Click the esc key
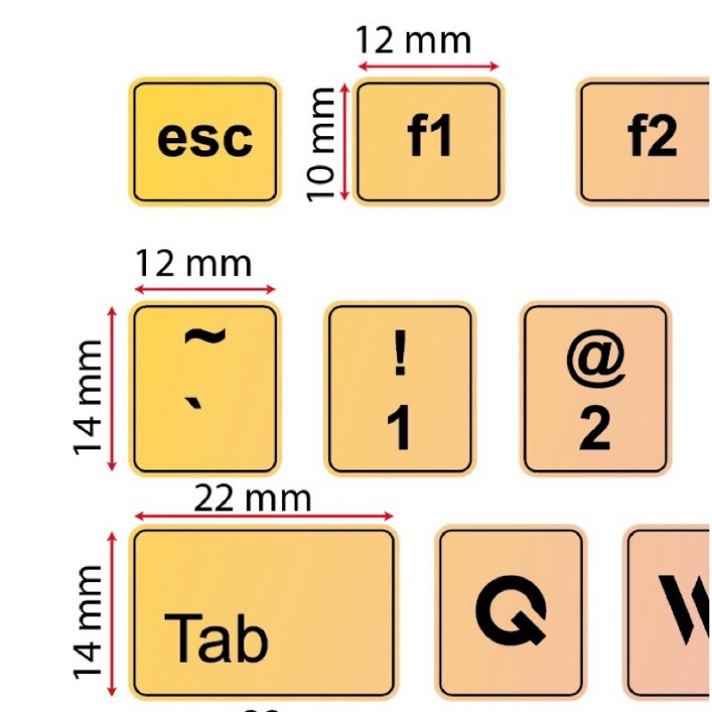[x=205, y=141]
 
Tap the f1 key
[x=428, y=141]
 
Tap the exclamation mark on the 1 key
[x=400, y=354]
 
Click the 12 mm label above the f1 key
[x=413, y=41]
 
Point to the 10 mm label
[x=320, y=142]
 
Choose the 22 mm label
[x=254, y=498]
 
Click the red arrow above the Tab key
[x=263, y=516]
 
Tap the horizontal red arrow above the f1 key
[x=428, y=66]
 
